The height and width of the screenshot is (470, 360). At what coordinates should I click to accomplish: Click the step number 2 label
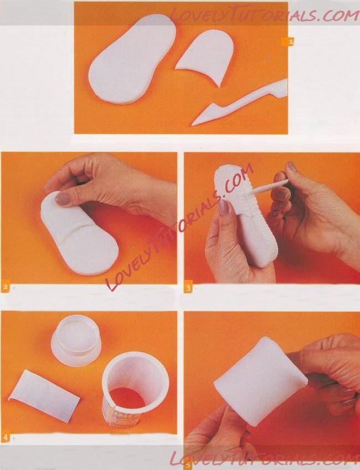pyautogui.click(x=6, y=288)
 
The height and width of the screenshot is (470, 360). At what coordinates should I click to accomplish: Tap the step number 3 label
pyautogui.click(x=188, y=288)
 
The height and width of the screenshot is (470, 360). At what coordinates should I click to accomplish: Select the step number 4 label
pyautogui.click(x=6, y=437)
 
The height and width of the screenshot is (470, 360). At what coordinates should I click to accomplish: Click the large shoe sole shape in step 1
pyautogui.click(x=132, y=59)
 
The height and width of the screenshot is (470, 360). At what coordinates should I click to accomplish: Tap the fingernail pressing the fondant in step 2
pyautogui.click(x=63, y=198)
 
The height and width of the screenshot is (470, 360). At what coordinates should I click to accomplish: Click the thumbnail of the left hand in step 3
pyautogui.click(x=223, y=207)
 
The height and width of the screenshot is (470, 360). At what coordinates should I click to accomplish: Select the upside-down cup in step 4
pyautogui.click(x=76, y=340)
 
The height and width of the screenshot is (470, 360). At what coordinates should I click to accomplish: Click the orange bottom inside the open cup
pyautogui.click(x=127, y=398)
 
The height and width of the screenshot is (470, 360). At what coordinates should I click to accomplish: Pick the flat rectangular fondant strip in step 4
pyautogui.click(x=44, y=396)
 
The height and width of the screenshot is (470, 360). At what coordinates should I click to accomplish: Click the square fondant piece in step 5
pyautogui.click(x=260, y=381)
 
